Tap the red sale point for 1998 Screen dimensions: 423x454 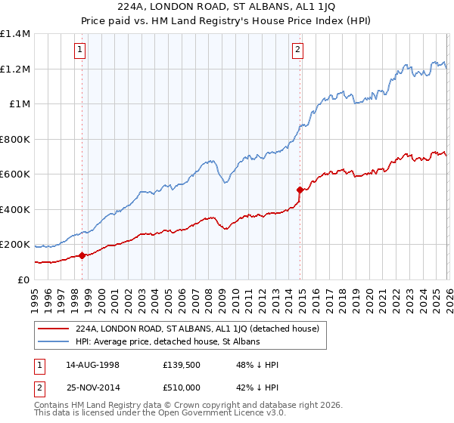click(82, 255)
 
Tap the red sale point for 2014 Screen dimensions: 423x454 click(300, 190)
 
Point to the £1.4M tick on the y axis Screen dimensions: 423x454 click(15, 34)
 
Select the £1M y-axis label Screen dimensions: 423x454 click(20, 104)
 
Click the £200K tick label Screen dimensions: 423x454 click(15, 245)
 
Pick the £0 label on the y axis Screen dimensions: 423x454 click(23, 280)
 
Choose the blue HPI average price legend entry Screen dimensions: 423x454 click(168, 342)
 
